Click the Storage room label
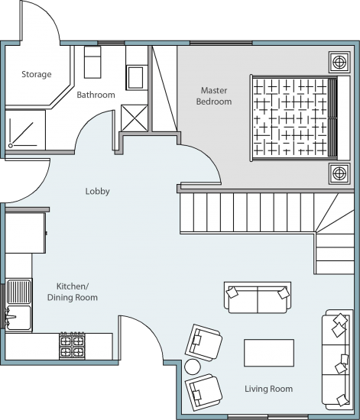pyautogui.click(x=37, y=74)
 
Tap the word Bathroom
pyautogui.click(x=96, y=95)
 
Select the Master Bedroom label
pyautogui.click(x=214, y=96)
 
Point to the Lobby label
pyautogui.click(x=98, y=191)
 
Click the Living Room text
pyautogui.click(x=268, y=389)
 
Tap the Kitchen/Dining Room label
pyautogui.click(x=73, y=292)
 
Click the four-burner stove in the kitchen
pyautogui.click(x=72, y=345)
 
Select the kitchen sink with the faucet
pyautogui.click(x=19, y=305)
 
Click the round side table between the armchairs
pyautogui.click(x=193, y=367)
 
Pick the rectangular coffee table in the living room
pyautogui.click(x=269, y=353)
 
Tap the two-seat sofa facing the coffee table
pyautogui.click(x=258, y=298)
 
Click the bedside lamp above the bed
pyautogui.click(x=339, y=62)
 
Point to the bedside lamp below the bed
pyautogui.click(x=339, y=173)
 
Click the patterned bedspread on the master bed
pyautogui.click(x=291, y=117)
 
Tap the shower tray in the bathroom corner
pyautogui.click(x=25, y=130)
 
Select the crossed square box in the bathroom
pyautogui.click(x=135, y=118)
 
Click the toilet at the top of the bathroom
pyautogui.click(x=92, y=62)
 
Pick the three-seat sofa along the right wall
pyautogui.click(x=337, y=360)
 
